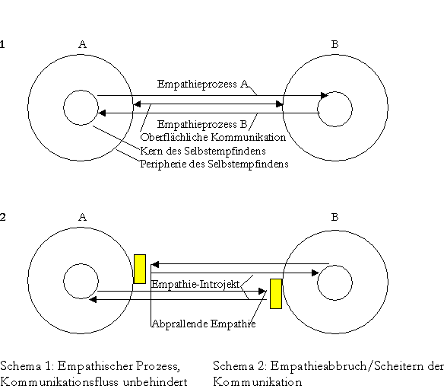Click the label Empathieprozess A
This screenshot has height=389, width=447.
[203, 84]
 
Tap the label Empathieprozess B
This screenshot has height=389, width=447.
[202, 124]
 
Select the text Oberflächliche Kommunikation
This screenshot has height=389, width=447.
[213, 137]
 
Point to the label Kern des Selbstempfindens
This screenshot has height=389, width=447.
[203, 151]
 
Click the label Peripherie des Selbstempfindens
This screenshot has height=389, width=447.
[214, 164]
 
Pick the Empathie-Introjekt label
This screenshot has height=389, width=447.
[195, 284]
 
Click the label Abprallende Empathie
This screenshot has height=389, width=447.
[204, 324]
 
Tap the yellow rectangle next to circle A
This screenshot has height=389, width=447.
[140, 269]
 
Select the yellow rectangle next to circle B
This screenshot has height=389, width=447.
[276, 294]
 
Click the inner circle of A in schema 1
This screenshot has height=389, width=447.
[64, 108]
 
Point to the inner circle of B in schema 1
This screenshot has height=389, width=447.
[317, 109]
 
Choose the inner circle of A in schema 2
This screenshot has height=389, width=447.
[64, 281]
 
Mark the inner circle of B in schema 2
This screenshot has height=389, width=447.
[317, 282]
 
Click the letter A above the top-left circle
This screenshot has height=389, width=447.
[82, 44]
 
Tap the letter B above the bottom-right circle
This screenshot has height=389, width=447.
[334, 218]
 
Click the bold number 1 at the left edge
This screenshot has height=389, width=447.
[2, 44]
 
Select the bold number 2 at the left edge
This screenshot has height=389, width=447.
[2, 218]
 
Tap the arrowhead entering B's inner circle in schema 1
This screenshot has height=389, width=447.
[324, 95]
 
